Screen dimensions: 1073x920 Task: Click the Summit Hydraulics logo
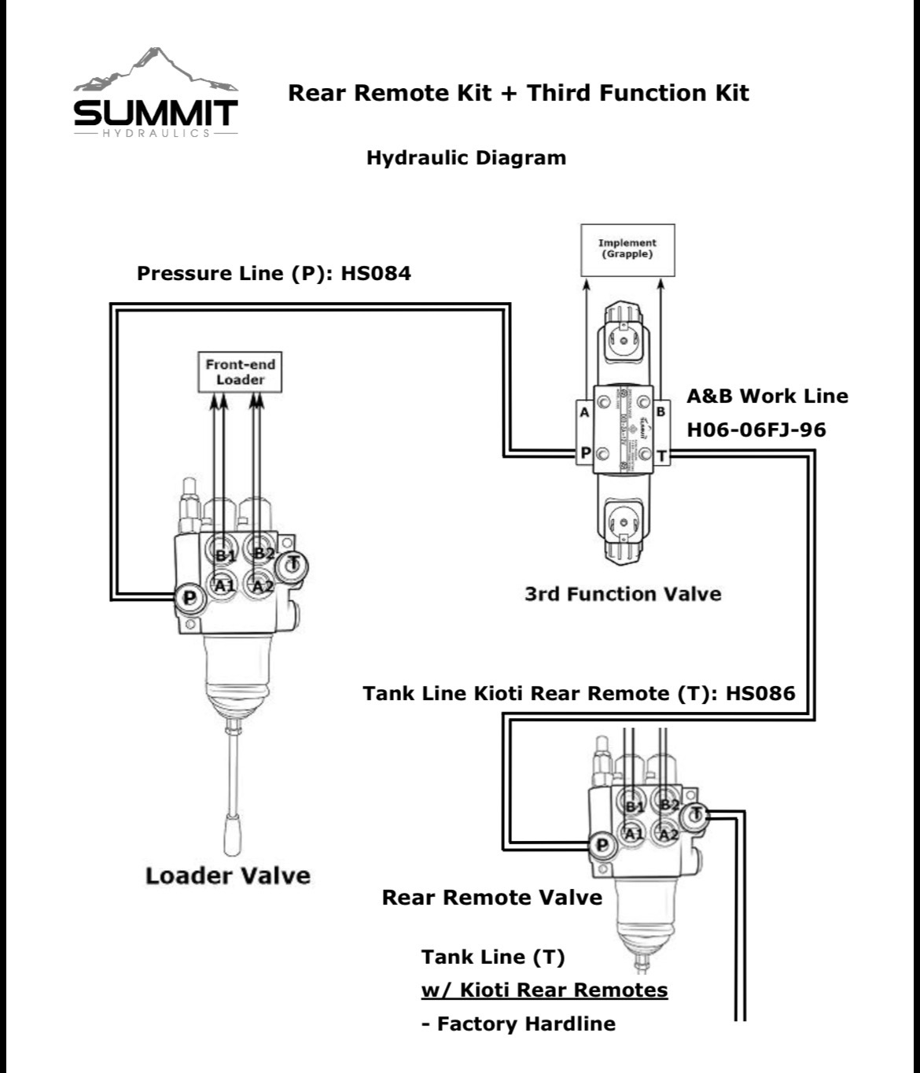point(155,95)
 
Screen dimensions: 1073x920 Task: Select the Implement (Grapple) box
point(627,249)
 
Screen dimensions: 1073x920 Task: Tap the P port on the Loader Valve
point(190,599)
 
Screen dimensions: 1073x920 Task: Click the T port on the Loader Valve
point(294,563)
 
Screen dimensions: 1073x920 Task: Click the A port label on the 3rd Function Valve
point(584,411)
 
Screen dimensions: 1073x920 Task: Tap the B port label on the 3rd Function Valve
point(661,411)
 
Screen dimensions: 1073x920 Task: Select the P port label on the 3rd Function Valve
point(585,454)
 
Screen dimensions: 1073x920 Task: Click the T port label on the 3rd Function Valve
point(661,455)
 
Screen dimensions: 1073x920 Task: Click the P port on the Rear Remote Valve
point(602,845)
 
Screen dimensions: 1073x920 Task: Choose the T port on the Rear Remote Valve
point(696,815)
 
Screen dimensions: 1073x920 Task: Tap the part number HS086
point(760,693)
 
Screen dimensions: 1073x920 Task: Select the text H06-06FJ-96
point(756,430)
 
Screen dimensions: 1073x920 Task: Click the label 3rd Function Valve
point(623,593)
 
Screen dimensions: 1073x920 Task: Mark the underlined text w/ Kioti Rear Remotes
point(544,990)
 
